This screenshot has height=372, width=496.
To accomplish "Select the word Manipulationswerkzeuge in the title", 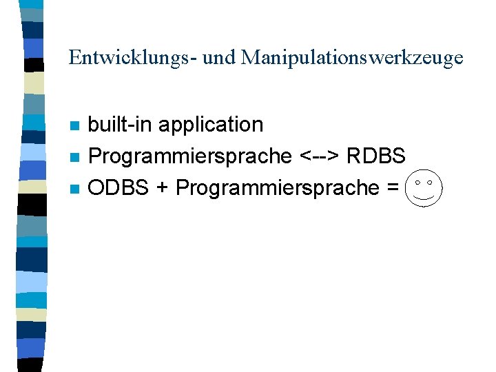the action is (352, 58).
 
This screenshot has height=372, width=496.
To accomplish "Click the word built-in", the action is (121, 125).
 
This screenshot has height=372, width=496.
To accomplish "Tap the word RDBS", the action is (376, 156).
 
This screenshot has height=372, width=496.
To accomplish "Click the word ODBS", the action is (118, 187).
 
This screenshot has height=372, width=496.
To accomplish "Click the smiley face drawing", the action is (424, 187).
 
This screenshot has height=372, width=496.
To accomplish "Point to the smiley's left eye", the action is (417, 182).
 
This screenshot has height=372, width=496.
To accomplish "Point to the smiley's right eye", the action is (431, 182).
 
